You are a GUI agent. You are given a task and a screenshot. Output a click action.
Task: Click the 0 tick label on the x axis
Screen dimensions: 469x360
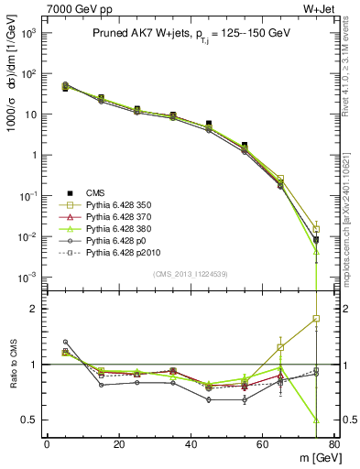click(x=47, y=443)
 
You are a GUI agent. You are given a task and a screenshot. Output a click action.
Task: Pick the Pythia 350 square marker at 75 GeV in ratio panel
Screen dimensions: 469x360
click(x=316, y=318)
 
